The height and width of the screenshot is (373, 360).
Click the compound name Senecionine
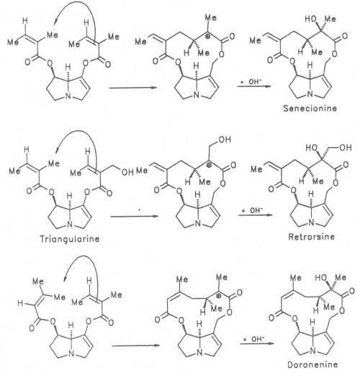[x=310, y=108]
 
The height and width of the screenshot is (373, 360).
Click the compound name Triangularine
[x=69, y=239]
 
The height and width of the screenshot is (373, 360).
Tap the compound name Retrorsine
[x=311, y=237]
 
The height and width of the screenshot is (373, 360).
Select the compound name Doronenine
[x=312, y=365]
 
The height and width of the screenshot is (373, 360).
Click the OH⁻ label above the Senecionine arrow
[x=254, y=81]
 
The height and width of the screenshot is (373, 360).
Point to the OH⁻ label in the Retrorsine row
[x=256, y=210]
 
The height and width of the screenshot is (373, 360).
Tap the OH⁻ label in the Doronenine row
[x=258, y=339]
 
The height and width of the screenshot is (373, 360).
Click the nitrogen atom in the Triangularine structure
[x=70, y=225]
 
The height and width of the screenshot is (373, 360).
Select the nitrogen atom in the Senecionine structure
[x=310, y=94]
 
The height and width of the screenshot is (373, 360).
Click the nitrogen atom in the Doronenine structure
[x=312, y=351]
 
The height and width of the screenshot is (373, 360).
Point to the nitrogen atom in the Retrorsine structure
[x=311, y=223]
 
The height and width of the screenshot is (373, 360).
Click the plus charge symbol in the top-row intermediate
[x=209, y=37]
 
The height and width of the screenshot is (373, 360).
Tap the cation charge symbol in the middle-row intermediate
[x=210, y=165]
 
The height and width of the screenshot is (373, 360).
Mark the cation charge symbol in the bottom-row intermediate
[x=219, y=295]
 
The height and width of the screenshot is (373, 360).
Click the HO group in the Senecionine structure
[x=311, y=19]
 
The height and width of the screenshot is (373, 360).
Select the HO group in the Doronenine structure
[x=321, y=278]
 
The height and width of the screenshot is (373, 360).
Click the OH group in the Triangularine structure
[x=127, y=172]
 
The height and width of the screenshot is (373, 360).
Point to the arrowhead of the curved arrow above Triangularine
[x=57, y=150]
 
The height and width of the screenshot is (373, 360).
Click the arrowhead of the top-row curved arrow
[x=55, y=22]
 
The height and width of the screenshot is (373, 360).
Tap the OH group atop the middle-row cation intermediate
[x=225, y=140]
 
